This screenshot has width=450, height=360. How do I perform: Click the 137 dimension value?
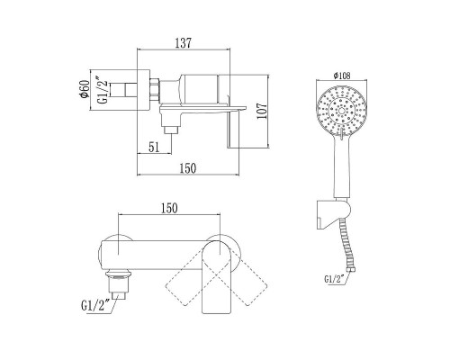pyautogui.click(x=183, y=43)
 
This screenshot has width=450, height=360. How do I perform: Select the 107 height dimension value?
pyautogui.click(x=262, y=111)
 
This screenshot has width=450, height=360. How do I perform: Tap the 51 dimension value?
pyautogui.click(x=154, y=148)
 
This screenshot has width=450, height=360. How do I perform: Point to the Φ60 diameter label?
pyautogui.click(x=84, y=89)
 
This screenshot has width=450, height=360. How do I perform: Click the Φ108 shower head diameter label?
pyautogui.click(x=342, y=76)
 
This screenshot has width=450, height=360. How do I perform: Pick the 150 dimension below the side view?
pyautogui.click(x=188, y=168)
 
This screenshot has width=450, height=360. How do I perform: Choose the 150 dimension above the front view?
pyautogui.click(x=169, y=208)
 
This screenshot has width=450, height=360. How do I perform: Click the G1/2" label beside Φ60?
pyautogui.click(x=103, y=90)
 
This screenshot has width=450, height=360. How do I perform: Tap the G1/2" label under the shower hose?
pyautogui.click(x=333, y=279)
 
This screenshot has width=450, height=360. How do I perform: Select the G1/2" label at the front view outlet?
pyautogui.click(x=94, y=305)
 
